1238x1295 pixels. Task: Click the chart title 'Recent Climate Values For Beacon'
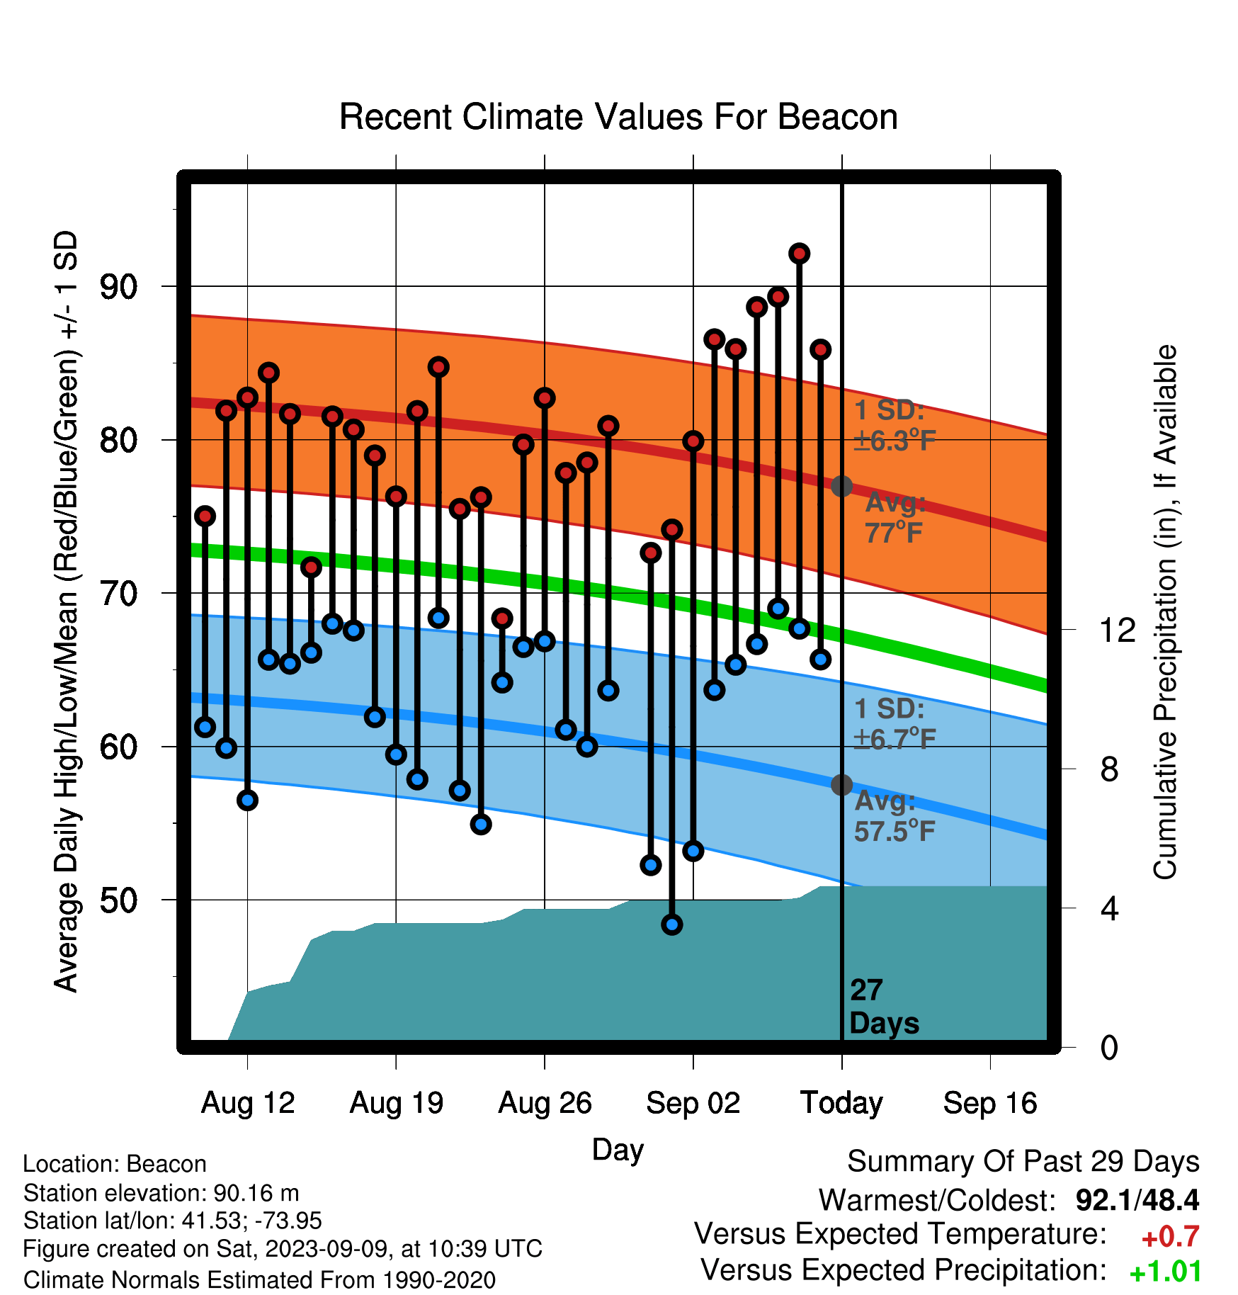click(618, 117)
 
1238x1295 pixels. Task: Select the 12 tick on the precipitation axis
click(1118, 630)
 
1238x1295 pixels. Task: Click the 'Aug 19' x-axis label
click(397, 1103)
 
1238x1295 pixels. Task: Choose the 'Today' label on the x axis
click(841, 1103)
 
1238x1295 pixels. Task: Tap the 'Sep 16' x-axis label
click(990, 1103)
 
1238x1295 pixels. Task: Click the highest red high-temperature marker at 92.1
click(799, 254)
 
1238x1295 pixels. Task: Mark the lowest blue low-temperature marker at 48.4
click(672, 924)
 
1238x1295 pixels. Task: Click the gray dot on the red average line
click(841, 487)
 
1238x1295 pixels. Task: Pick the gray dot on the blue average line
click(841, 785)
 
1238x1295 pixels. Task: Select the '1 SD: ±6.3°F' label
click(895, 426)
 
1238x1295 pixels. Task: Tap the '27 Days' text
click(884, 1007)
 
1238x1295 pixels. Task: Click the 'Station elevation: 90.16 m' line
click(161, 1194)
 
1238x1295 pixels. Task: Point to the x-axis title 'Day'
click(618, 1150)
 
